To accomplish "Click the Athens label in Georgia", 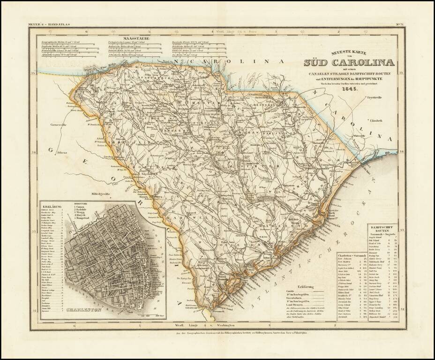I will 62,153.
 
